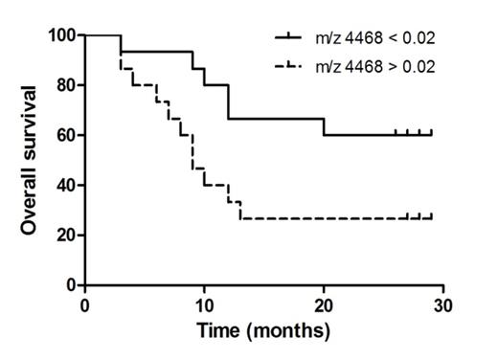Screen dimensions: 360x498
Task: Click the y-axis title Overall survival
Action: [x=31, y=160]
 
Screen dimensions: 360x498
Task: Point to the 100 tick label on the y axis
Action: [x=63, y=35]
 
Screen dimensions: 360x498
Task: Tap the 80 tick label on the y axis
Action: [x=67, y=85]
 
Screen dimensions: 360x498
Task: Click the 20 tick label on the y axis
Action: [x=67, y=235]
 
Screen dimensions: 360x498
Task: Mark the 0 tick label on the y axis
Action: [x=71, y=285]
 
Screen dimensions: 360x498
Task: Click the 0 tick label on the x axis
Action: [x=85, y=304]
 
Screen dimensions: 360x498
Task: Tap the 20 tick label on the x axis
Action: [x=324, y=304]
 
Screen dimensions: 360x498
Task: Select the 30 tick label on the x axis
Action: [x=442, y=304]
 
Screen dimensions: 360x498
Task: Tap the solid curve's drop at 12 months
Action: [x=228, y=102]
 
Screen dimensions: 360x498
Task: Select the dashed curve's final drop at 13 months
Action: [x=240, y=211]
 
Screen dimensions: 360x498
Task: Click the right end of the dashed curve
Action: [x=431, y=218]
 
